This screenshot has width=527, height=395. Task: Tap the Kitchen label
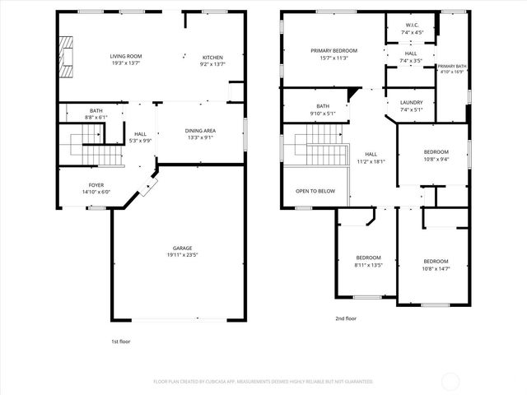click(x=212, y=58)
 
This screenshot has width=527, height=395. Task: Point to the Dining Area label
click(x=200, y=131)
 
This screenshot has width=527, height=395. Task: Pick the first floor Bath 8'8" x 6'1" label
click(x=97, y=113)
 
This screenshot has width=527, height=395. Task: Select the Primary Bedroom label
click(x=334, y=51)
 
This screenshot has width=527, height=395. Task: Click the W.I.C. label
click(x=411, y=25)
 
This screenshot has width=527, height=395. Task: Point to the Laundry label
click(x=411, y=102)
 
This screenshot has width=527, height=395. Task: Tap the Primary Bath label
click(x=452, y=66)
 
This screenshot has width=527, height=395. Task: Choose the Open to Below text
click(x=315, y=191)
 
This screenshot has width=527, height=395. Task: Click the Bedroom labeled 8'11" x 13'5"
click(x=368, y=258)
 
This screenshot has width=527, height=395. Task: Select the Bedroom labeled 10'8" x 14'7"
click(x=436, y=261)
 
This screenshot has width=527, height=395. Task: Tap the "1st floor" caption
click(x=120, y=341)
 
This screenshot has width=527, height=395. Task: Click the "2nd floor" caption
click(x=346, y=318)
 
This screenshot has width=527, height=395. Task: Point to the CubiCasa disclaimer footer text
click(x=263, y=381)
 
